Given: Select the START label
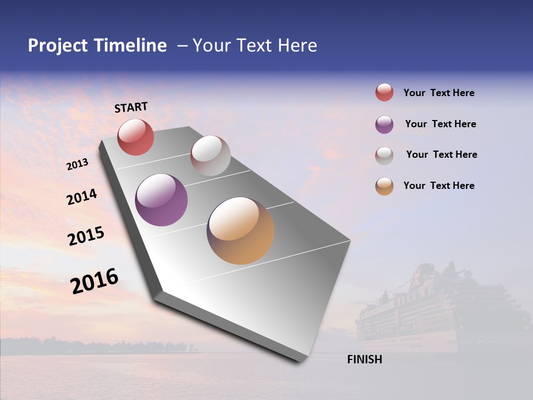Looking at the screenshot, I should click(131, 107).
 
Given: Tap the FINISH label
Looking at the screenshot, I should click(364, 359).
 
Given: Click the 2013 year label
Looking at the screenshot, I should click(77, 164).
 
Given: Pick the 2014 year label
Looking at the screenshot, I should click(82, 197).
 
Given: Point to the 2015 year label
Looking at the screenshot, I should click(86, 236).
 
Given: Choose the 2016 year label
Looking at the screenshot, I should click(94, 281).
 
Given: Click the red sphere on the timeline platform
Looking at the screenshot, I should click(135, 137).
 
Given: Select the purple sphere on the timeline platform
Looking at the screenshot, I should click(162, 200).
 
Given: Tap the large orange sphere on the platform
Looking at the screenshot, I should click(240, 231).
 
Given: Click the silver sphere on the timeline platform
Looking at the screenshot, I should click(210, 156).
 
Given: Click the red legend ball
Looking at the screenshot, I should click(384, 92).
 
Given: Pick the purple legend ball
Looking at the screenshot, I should click(384, 124).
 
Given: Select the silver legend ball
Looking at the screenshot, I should click(384, 156).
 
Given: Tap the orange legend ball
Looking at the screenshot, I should click(384, 186).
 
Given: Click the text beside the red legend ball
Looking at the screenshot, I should click(439, 93).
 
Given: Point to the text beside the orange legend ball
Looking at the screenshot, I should click(439, 186).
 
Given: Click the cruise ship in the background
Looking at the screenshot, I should click(439, 311).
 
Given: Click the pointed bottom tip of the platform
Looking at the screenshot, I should click(299, 360).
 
